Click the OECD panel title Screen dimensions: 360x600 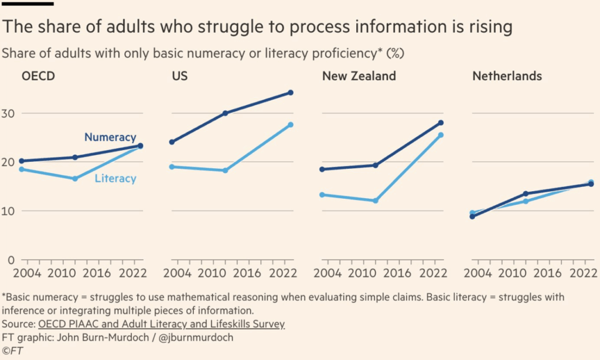tap(39, 76)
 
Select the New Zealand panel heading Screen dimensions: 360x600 tap(359, 76)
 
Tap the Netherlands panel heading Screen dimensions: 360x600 tap(507, 76)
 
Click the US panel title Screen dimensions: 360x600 tap(180, 76)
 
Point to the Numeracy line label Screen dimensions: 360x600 tap(110, 137)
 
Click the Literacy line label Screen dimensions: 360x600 tap(115, 178)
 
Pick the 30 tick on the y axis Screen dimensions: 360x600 tap(9, 113)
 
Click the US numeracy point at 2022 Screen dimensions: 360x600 tap(291, 93)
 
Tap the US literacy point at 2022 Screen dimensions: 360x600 tap(291, 125)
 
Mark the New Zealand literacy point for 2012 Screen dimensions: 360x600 tap(376, 201)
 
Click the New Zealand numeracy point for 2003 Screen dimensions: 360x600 tap(322, 169)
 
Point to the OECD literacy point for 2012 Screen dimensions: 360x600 tap(75, 178)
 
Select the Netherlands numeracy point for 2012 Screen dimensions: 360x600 tap(526, 193)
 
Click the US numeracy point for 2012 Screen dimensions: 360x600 tap(225, 113)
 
